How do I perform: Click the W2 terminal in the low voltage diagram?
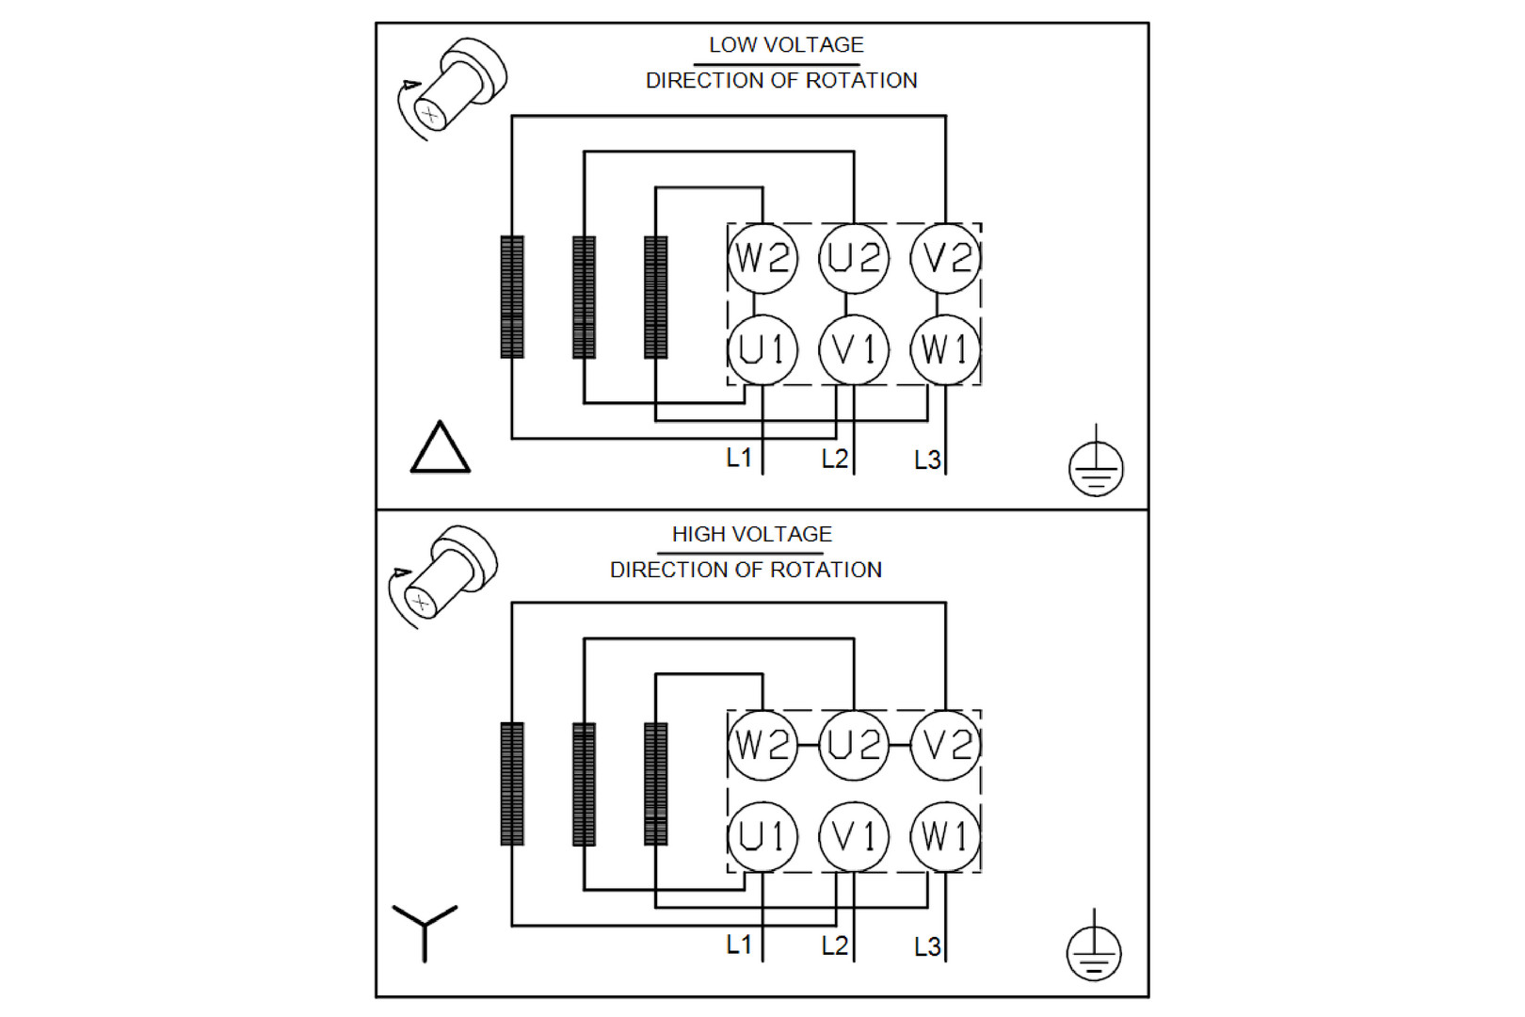pos(762,258)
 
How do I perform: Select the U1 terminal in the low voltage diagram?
pos(762,350)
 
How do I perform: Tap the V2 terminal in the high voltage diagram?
pos(946,745)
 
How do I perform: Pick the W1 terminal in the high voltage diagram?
pos(946,836)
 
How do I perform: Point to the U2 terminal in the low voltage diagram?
pos(854,258)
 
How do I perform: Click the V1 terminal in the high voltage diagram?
pos(854,836)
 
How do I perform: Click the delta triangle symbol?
pos(440,448)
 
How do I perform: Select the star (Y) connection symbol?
pos(425,929)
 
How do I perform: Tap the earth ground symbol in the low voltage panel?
pos(1096,465)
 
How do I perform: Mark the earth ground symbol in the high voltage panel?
pos(1094,951)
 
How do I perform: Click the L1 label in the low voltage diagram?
pos(739,459)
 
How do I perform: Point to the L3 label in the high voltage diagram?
pos(927,946)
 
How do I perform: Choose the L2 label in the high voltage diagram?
pos(834,945)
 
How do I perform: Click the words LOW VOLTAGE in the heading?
pos(786,45)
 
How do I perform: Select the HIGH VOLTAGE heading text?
pos(752,534)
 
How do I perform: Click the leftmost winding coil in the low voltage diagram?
pos(512,297)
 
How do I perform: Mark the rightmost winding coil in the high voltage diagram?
pos(656,783)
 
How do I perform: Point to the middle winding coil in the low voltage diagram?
pos(584,297)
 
